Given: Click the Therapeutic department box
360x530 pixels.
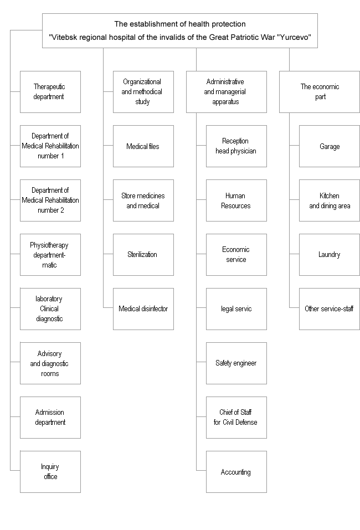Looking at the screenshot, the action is (50, 91).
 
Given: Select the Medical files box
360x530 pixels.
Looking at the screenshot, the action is (143, 146).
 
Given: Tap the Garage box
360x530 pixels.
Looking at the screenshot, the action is (329, 146).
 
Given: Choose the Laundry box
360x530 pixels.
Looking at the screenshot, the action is (329, 255).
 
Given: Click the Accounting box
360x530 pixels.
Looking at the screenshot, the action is (236, 471).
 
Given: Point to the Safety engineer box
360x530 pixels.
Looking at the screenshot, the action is (236, 363).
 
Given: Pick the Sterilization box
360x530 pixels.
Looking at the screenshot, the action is (143, 255).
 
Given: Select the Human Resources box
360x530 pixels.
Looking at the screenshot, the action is (236, 200).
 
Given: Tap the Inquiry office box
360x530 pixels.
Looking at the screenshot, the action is (50, 471).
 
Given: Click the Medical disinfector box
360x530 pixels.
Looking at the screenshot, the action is (143, 309).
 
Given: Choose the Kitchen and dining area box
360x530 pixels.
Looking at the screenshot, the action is (329, 200).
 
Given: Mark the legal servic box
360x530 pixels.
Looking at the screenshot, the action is (236, 309).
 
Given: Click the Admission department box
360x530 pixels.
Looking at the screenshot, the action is (50, 418).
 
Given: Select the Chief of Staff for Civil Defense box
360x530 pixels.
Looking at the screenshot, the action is (236, 418).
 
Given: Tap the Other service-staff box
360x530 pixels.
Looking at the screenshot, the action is (329, 309).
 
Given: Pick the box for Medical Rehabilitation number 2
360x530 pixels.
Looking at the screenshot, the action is (50, 200).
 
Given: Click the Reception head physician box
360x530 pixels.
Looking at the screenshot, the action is (236, 146).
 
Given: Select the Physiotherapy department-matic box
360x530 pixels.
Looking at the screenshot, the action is (50, 255).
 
